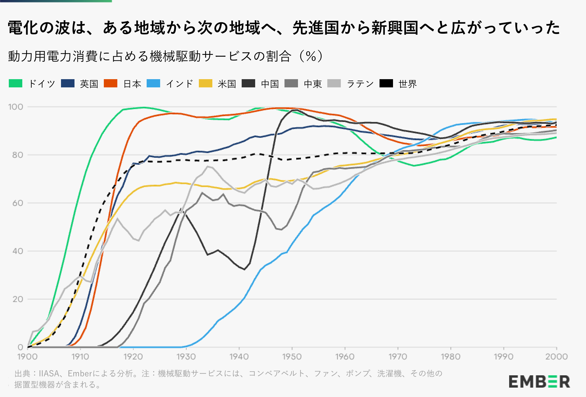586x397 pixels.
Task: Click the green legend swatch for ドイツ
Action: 16,84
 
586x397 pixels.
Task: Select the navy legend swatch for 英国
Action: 68,84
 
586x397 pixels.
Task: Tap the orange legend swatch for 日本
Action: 111,84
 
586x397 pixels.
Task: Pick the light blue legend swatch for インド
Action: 154,84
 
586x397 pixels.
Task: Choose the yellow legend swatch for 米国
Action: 206,84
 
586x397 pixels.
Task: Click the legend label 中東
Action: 313,84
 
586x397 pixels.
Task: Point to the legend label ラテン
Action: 360,84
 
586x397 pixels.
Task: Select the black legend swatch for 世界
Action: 386,84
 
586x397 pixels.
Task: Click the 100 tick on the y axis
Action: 16,107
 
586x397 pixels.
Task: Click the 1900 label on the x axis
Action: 28,357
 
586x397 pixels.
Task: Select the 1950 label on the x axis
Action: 292,357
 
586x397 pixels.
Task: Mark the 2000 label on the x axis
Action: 556,357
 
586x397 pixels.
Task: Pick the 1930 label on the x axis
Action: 186,357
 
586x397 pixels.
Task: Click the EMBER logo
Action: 539,381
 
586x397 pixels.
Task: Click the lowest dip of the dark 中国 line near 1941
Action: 244,269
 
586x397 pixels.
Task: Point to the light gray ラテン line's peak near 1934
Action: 208,167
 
